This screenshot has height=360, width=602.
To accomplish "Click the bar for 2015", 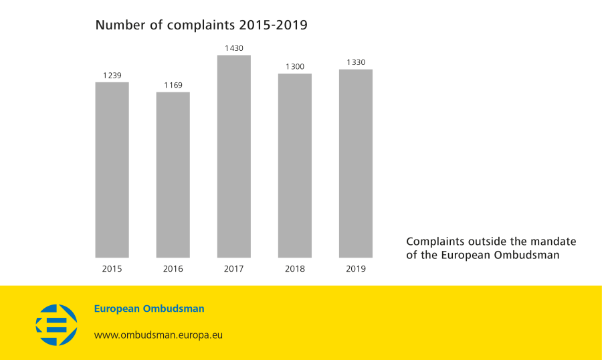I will (x=112, y=170).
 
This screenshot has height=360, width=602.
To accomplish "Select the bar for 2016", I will (x=173, y=175).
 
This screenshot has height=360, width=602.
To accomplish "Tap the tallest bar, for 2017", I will (x=234, y=157).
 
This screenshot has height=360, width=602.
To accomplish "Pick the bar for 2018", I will (x=295, y=165).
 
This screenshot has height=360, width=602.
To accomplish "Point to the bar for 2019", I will (x=356, y=163).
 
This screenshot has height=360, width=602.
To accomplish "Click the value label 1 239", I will (x=112, y=75).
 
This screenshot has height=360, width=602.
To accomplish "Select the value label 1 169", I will (x=173, y=85).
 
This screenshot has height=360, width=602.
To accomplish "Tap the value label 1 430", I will (x=234, y=48).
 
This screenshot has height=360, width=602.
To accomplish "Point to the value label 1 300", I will (x=295, y=66).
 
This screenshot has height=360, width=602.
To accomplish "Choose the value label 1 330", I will (x=356, y=62).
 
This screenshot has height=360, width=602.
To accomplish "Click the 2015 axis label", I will (x=112, y=269).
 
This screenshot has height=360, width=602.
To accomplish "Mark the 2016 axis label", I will (x=173, y=269).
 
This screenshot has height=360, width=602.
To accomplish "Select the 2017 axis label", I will (x=234, y=269).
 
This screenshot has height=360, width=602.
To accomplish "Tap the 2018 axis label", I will (x=295, y=269).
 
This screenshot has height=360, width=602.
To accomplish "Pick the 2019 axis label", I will (x=356, y=269).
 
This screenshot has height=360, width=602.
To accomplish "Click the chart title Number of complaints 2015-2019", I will (x=201, y=25).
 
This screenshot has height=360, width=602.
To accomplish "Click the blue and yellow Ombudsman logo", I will (x=56, y=325).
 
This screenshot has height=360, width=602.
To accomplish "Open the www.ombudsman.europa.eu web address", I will (x=158, y=335).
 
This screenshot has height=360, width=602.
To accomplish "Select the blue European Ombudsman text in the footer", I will (x=149, y=309).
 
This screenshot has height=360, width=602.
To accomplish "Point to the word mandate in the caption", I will (x=555, y=242).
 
